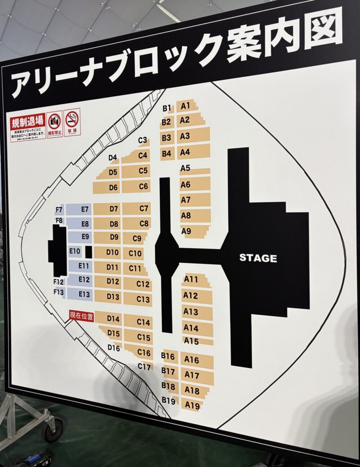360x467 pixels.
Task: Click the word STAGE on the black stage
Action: [258, 258]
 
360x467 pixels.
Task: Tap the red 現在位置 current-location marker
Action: [81, 316]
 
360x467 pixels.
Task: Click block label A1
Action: [185, 106]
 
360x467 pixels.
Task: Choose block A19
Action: [192, 406]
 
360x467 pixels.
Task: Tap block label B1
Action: [167, 109]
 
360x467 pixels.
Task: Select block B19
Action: [168, 399]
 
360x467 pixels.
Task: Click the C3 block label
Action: [143, 141]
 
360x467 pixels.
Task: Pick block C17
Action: [144, 367]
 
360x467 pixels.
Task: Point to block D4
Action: [113, 158]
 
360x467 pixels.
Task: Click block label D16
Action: [114, 348]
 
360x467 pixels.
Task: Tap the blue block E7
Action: [84, 209]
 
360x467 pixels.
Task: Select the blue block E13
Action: [84, 294]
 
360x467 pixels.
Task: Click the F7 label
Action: [59, 210]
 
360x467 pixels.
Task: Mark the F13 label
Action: [59, 292]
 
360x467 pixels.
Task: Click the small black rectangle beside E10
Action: [89, 252]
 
